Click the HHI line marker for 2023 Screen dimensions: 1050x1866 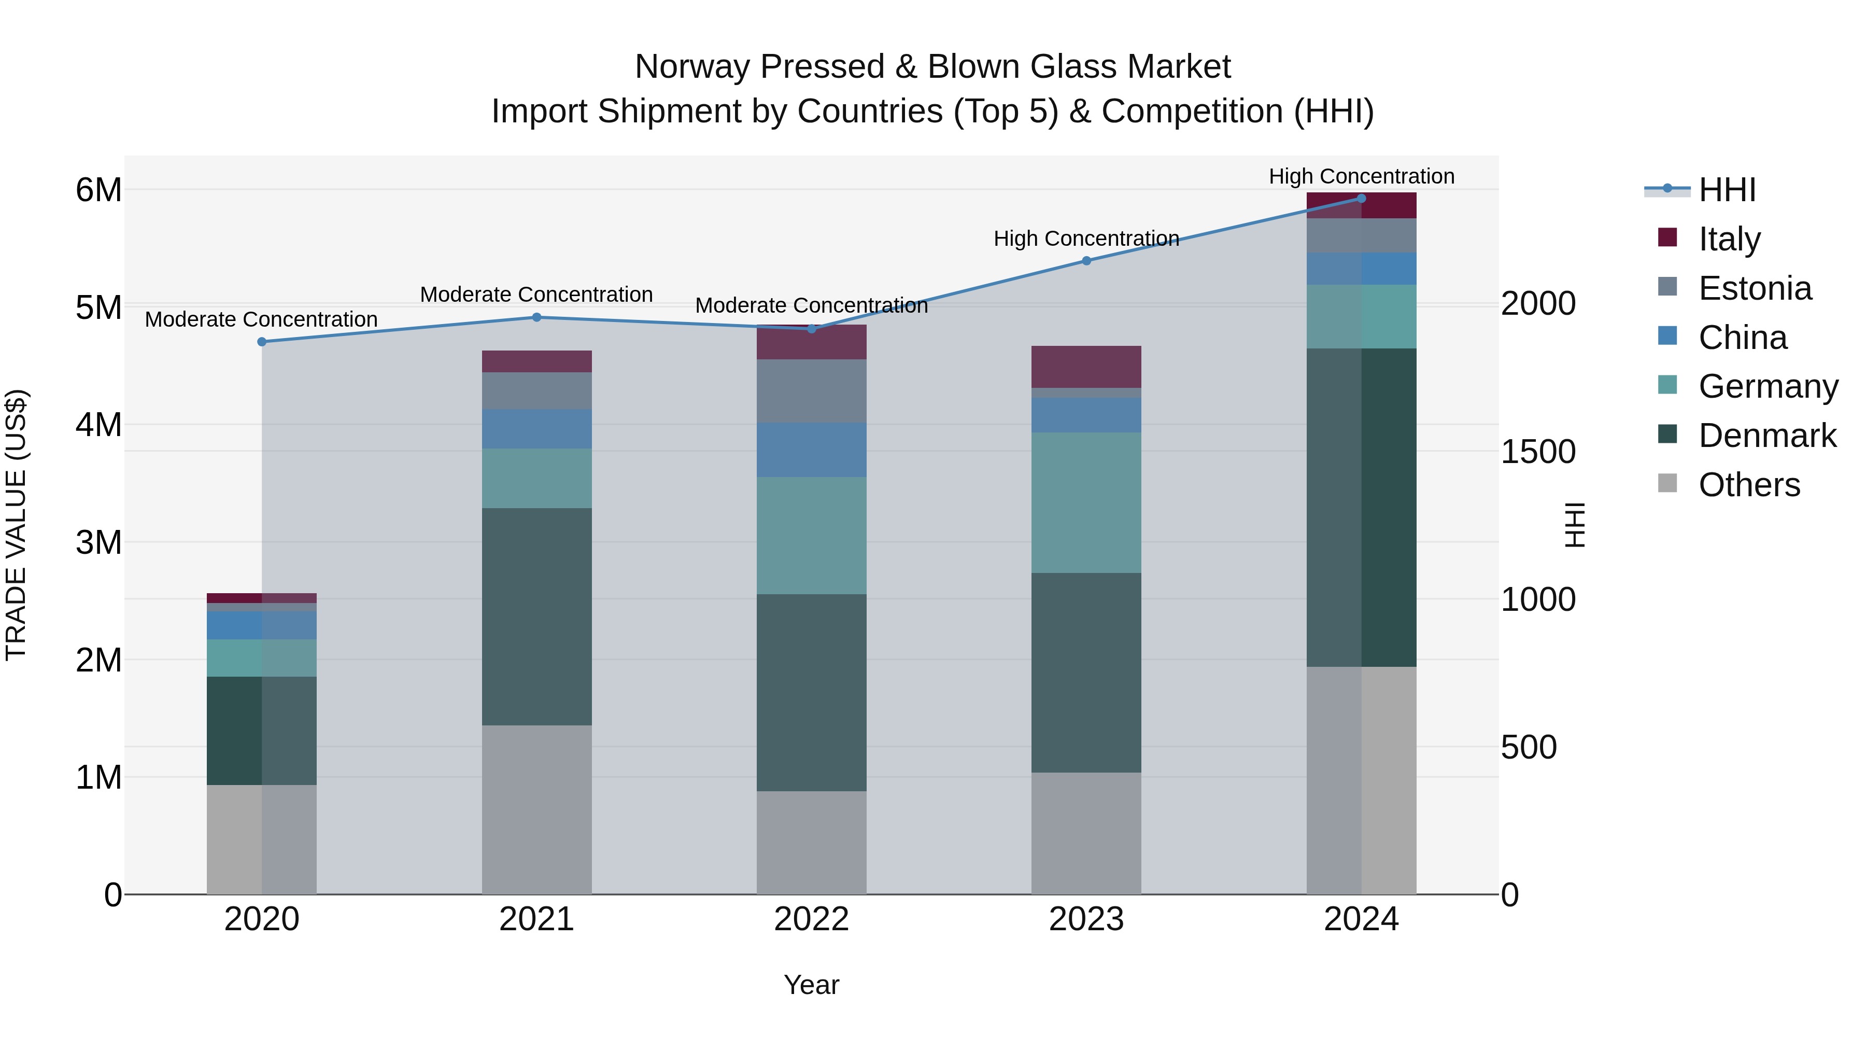[x=1086, y=261]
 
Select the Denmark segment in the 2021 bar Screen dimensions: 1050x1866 [x=537, y=616]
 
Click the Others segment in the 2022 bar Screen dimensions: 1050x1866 [x=811, y=842]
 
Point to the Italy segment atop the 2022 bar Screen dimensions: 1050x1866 [x=811, y=343]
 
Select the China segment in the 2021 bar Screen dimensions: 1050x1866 [x=537, y=428]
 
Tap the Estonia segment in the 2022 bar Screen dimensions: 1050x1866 [x=811, y=391]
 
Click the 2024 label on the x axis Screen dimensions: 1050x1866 [x=1361, y=919]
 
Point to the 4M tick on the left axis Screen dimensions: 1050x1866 [x=98, y=425]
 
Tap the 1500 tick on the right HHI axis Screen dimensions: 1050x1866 [x=1538, y=452]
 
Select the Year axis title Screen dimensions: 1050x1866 [x=811, y=985]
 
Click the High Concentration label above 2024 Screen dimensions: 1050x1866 [x=1361, y=176]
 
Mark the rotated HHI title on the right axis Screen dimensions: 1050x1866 [x=1575, y=525]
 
